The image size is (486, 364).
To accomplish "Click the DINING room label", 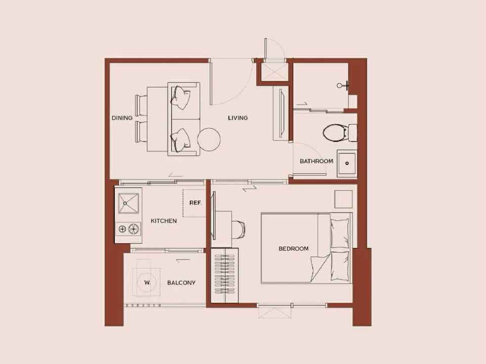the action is tap(122, 118).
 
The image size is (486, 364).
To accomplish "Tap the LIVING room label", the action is tap(238, 118).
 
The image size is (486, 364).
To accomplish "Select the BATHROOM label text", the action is tap(316, 161).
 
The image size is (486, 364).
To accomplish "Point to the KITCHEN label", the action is tap(164, 221).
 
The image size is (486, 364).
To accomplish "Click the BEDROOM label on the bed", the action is tap(294, 249).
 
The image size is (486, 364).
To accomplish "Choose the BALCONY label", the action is tap(181, 283).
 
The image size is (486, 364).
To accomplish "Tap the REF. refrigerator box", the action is tap(194, 203).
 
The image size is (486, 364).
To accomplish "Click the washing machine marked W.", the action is tap(147, 282).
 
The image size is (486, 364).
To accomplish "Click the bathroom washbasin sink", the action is tap(347, 163).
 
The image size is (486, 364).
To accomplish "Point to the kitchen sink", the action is tap(128, 203).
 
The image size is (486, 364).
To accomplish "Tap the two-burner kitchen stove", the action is tap(129, 229).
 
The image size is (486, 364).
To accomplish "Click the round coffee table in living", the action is tap(209, 140).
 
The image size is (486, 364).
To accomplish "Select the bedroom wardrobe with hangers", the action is tap(224, 275).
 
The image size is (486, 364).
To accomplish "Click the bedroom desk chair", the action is tap(238, 230).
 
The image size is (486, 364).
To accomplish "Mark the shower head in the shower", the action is tap(343, 85).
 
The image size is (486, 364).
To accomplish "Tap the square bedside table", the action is tap(343, 199).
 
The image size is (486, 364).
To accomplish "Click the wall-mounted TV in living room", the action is tap(281, 114).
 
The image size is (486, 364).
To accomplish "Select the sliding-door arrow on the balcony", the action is tap(183, 261).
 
